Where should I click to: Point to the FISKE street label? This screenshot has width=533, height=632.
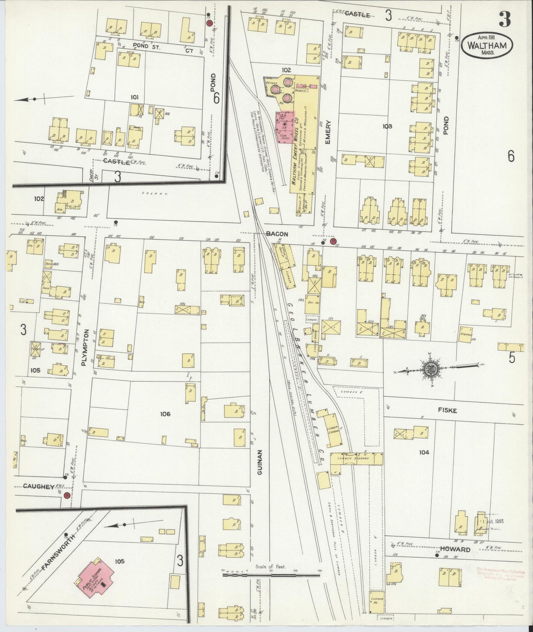[447, 410]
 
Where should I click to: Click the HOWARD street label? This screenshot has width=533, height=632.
[459, 549]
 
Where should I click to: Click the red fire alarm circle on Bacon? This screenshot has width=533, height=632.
[333, 242]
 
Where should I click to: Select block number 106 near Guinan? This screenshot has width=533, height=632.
[165, 414]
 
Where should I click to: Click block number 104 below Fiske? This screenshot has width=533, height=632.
[424, 452]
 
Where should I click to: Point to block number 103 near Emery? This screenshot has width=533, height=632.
[387, 126]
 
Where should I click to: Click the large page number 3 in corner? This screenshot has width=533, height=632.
[505, 19]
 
